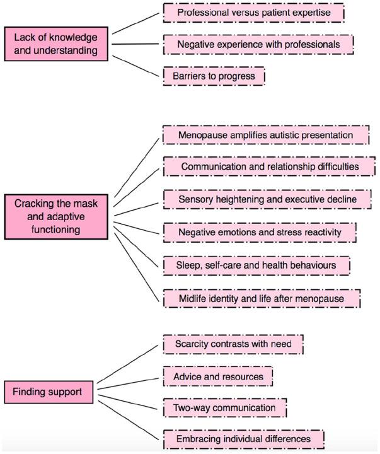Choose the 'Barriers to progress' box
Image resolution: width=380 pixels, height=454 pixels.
[214, 76]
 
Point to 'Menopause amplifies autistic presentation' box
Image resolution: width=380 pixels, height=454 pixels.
[265, 135]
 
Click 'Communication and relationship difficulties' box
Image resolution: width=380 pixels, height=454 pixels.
[269, 166]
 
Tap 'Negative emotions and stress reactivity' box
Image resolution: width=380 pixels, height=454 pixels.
[260, 232]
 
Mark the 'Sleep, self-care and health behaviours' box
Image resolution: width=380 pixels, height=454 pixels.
[256, 265]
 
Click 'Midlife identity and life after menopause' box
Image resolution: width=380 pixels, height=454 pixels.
[261, 297]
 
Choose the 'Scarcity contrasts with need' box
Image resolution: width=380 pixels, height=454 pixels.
[233, 344]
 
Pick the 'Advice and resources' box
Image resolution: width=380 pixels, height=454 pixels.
[218, 376]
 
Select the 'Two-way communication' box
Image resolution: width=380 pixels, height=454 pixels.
[224, 407]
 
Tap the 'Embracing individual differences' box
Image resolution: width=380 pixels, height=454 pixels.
[243, 438]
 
